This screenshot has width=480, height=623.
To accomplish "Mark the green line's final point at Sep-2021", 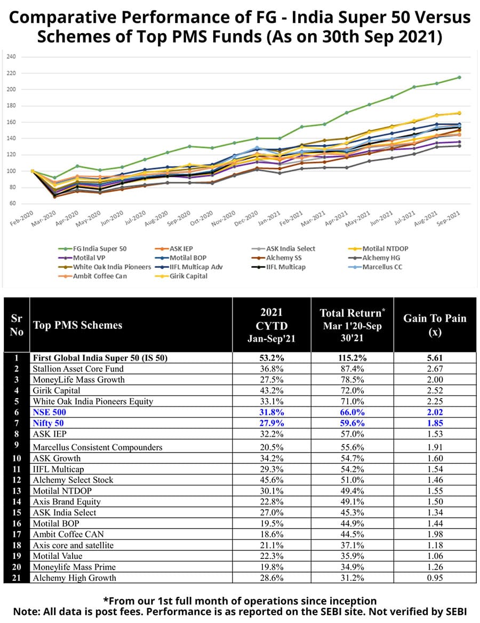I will coord(459,77).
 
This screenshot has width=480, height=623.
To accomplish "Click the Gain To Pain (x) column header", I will coord(434,324).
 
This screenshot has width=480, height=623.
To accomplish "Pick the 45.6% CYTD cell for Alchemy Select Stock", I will coord(271,479).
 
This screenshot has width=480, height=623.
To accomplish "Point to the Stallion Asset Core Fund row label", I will coord(78,369).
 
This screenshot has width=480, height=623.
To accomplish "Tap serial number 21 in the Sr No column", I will coord(16,578).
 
